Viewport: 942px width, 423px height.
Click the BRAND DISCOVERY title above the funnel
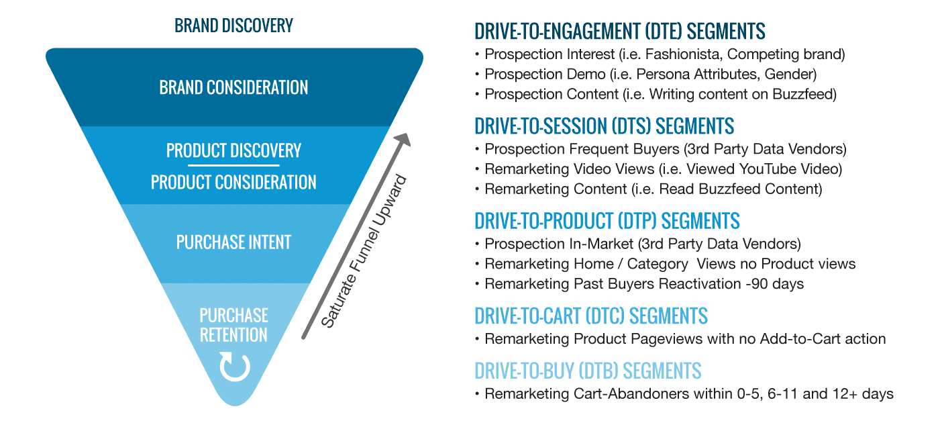pyautogui.click(x=233, y=26)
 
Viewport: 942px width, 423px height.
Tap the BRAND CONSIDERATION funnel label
pyautogui.click(x=233, y=87)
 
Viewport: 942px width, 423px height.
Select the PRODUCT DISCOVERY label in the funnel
pyautogui.click(x=233, y=150)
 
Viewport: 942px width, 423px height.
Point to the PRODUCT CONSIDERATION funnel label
pyautogui.click(x=233, y=182)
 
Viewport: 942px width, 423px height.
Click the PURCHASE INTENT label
pyautogui.click(x=233, y=242)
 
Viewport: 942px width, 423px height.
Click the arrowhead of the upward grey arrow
pyautogui.click(x=402, y=140)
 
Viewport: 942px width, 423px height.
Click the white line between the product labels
pyautogui.click(x=233, y=165)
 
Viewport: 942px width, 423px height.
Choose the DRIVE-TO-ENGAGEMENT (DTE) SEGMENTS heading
pyautogui.click(x=620, y=31)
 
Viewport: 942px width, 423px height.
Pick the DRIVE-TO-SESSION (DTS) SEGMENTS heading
pyautogui.click(x=604, y=126)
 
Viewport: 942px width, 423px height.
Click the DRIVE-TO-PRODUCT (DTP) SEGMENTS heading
pyautogui.click(x=607, y=220)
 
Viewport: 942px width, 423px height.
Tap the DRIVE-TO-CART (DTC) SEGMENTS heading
pyautogui.click(x=590, y=315)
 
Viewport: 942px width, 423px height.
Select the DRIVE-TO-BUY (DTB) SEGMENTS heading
pyautogui.click(x=588, y=370)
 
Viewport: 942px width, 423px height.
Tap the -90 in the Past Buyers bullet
pyautogui.click(x=755, y=283)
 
